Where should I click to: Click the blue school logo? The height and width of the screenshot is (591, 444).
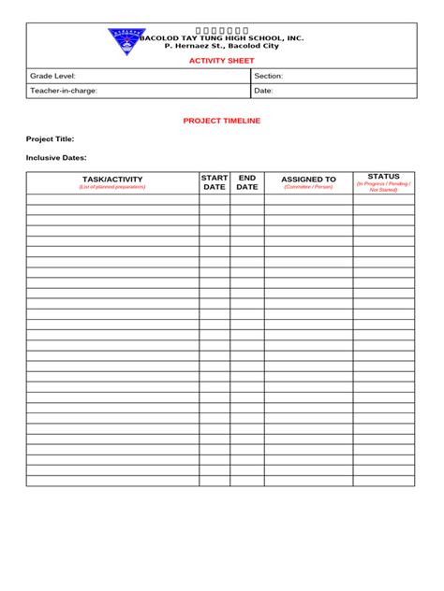pyautogui.click(x=126, y=39)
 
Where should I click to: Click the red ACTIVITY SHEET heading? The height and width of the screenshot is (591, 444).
pyautogui.click(x=222, y=60)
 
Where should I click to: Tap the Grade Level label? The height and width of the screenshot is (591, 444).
pyautogui.click(x=52, y=76)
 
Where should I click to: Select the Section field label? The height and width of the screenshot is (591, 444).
pyautogui.click(x=269, y=76)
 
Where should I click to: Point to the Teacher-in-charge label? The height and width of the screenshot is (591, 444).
pyautogui.click(x=64, y=91)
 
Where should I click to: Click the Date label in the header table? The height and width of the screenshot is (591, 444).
pyautogui.click(x=263, y=91)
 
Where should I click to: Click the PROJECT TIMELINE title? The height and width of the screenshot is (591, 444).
pyautogui.click(x=222, y=121)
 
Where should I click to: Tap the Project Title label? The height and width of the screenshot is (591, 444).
pyautogui.click(x=50, y=138)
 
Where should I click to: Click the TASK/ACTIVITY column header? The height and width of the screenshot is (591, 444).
pyautogui.click(x=112, y=179)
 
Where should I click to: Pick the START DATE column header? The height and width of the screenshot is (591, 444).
pyautogui.click(x=215, y=181)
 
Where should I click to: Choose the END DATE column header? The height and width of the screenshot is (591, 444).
pyautogui.click(x=247, y=181)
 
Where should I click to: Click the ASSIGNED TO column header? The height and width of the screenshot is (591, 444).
pyautogui.click(x=308, y=179)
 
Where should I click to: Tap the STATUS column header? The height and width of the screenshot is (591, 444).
pyautogui.click(x=383, y=176)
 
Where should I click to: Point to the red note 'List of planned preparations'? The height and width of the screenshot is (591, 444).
pyautogui.click(x=112, y=187)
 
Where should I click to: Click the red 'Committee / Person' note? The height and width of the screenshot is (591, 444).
pyautogui.click(x=308, y=187)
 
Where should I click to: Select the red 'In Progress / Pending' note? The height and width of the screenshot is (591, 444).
pyautogui.click(x=383, y=185)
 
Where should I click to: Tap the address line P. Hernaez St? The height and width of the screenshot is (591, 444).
pyautogui.click(x=222, y=46)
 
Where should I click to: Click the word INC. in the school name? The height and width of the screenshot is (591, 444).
pyautogui.click(x=295, y=38)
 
